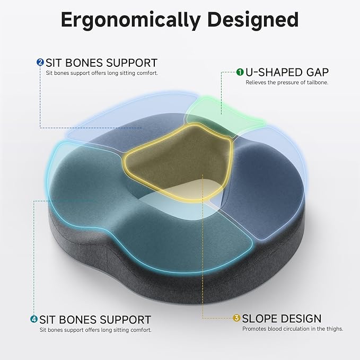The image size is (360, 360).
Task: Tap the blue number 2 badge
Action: click(40, 63)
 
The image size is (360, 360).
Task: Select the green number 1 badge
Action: click(240, 72)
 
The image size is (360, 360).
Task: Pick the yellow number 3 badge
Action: click(236, 319)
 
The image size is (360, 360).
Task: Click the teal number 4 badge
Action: click(33, 320)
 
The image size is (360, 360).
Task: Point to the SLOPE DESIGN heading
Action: click(282, 319)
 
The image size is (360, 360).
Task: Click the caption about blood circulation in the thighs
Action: click(293, 329)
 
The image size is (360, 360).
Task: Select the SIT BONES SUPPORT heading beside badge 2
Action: click(101, 63)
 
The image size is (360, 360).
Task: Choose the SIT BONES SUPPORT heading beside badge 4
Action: click(95, 320)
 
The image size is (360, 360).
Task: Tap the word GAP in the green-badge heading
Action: click(317, 72)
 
